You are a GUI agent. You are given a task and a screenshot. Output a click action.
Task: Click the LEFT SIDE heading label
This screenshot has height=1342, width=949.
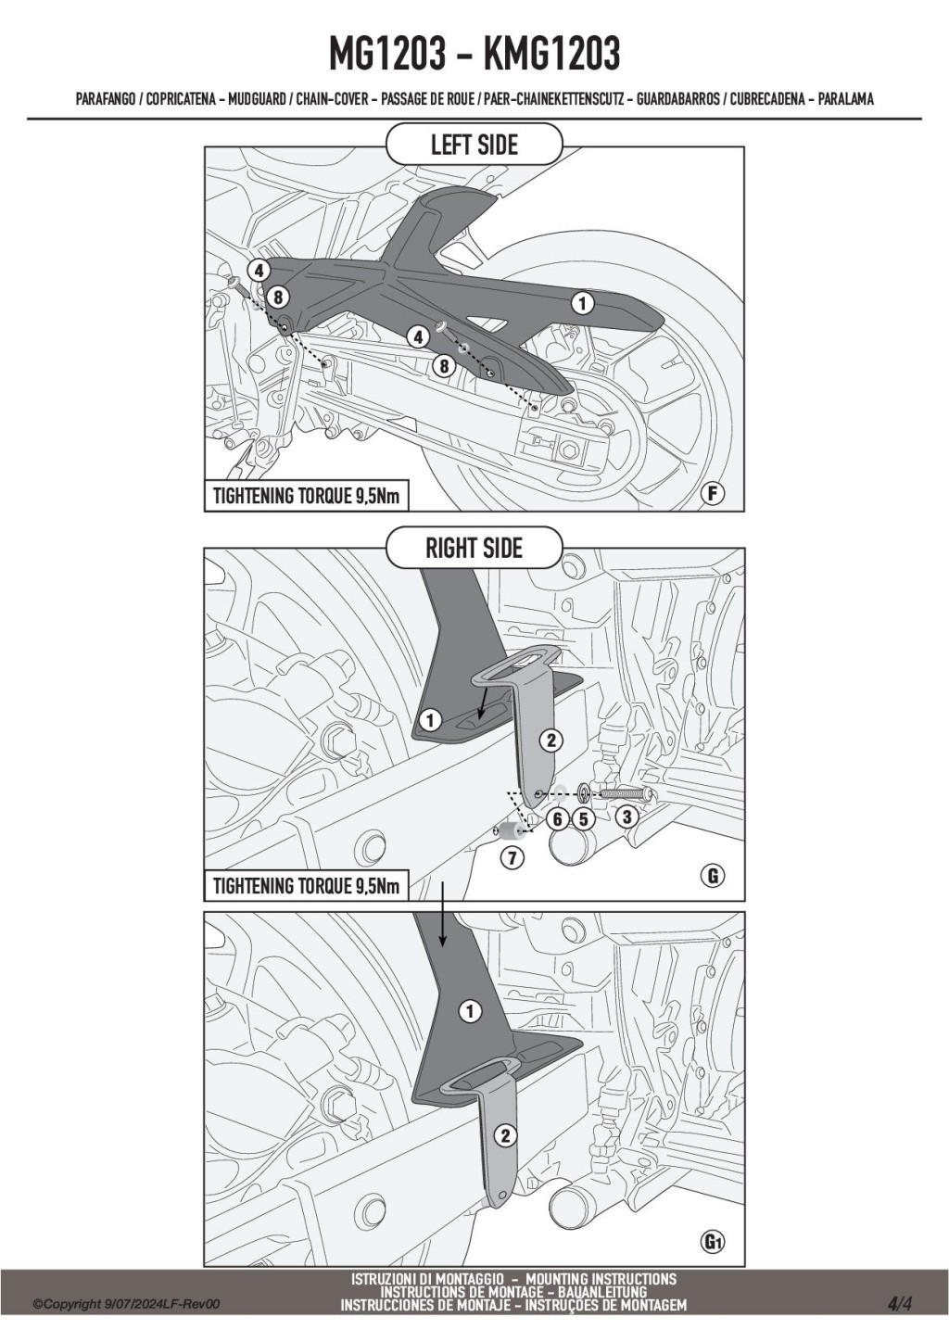(x=474, y=145)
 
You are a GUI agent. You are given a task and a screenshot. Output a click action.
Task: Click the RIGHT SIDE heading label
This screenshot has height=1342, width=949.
(x=474, y=548)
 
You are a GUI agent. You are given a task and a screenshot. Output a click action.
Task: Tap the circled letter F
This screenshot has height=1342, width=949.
(x=713, y=494)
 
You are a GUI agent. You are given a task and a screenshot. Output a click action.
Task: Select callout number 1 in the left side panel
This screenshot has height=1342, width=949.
(x=582, y=303)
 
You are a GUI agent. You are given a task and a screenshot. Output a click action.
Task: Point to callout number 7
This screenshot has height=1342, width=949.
(x=512, y=859)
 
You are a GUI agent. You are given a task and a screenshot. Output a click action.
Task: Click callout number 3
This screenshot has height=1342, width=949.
(x=626, y=816)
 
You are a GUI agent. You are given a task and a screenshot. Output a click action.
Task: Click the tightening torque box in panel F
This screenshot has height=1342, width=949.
(x=307, y=496)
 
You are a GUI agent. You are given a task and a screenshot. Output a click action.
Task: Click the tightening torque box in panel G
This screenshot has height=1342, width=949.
(x=307, y=885)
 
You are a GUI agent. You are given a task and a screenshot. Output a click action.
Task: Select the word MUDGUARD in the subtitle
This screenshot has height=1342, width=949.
(x=257, y=99)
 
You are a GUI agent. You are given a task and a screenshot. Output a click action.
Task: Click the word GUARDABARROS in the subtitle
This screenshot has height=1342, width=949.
(x=677, y=99)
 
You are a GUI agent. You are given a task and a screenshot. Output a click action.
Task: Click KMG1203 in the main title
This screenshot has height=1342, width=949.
(x=551, y=55)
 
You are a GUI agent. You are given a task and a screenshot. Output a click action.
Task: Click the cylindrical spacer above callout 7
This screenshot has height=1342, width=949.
(x=508, y=832)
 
